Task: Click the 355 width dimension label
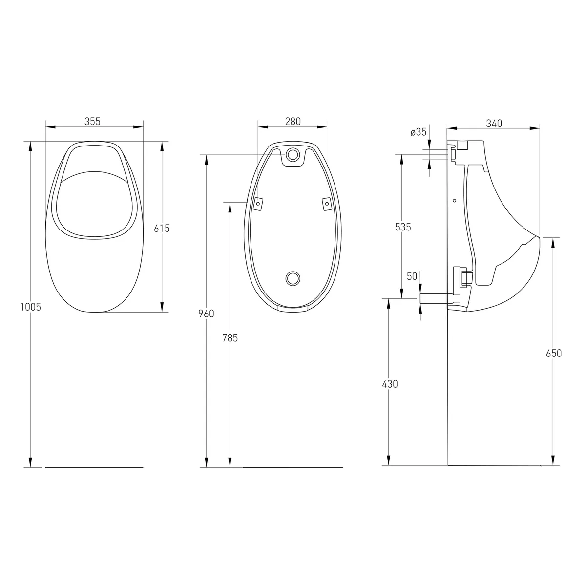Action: (x=92, y=121)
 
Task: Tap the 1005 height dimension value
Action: (x=30, y=307)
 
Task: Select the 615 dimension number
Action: (x=162, y=228)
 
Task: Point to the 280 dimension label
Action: (x=293, y=121)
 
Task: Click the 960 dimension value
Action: (x=206, y=313)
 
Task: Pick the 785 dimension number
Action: (x=230, y=338)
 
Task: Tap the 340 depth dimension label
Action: (x=494, y=123)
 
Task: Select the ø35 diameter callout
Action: (x=419, y=132)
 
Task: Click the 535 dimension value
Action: (x=403, y=227)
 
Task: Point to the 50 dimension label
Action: (x=412, y=276)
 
